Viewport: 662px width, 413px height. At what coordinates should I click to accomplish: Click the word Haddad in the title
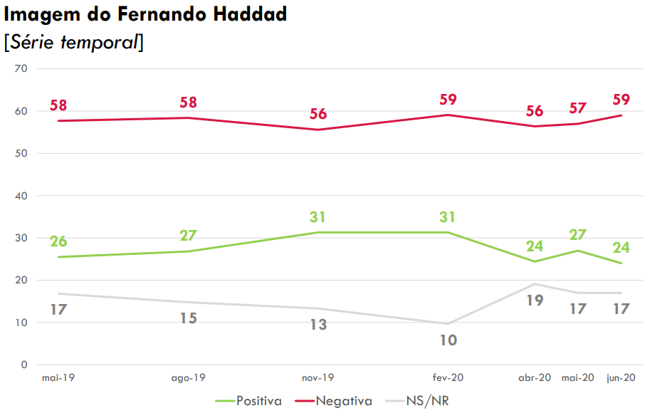249,14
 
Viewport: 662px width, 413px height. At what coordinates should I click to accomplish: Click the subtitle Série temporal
73,42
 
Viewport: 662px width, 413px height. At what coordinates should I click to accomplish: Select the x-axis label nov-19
317,379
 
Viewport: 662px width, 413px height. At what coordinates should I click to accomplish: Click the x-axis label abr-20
535,379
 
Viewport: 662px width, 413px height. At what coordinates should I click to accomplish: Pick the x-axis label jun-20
620,379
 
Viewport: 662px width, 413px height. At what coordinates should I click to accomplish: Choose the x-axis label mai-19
58,379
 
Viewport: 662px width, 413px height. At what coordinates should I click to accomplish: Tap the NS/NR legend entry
427,401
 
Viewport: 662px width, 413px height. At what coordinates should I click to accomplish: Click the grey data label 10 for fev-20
448,341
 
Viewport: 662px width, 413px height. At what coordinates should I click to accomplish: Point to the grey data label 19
535,300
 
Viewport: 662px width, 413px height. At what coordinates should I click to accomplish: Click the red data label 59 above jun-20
621,100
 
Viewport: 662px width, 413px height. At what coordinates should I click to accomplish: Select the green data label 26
58,241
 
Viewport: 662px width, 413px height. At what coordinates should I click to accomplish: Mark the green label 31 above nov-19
317,217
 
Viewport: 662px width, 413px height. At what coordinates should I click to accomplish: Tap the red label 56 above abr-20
535,111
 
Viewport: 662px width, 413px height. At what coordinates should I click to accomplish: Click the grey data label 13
317,325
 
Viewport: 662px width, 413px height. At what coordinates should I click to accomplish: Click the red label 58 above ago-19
188,103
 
